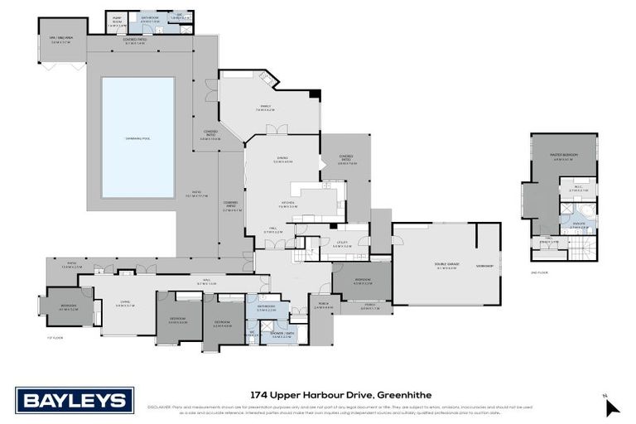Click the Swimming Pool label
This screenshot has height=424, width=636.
[137, 137]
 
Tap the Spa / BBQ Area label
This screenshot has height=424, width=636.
[60, 39]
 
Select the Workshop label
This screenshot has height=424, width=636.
[485, 266]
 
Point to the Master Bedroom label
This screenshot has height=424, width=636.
[563, 157]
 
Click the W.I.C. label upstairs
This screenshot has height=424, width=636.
[580, 188]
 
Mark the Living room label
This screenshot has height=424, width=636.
[124, 306]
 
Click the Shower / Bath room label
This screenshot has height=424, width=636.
[277, 335]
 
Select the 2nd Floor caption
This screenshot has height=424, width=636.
[539, 272]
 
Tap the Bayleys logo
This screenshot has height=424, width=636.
[75, 401]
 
